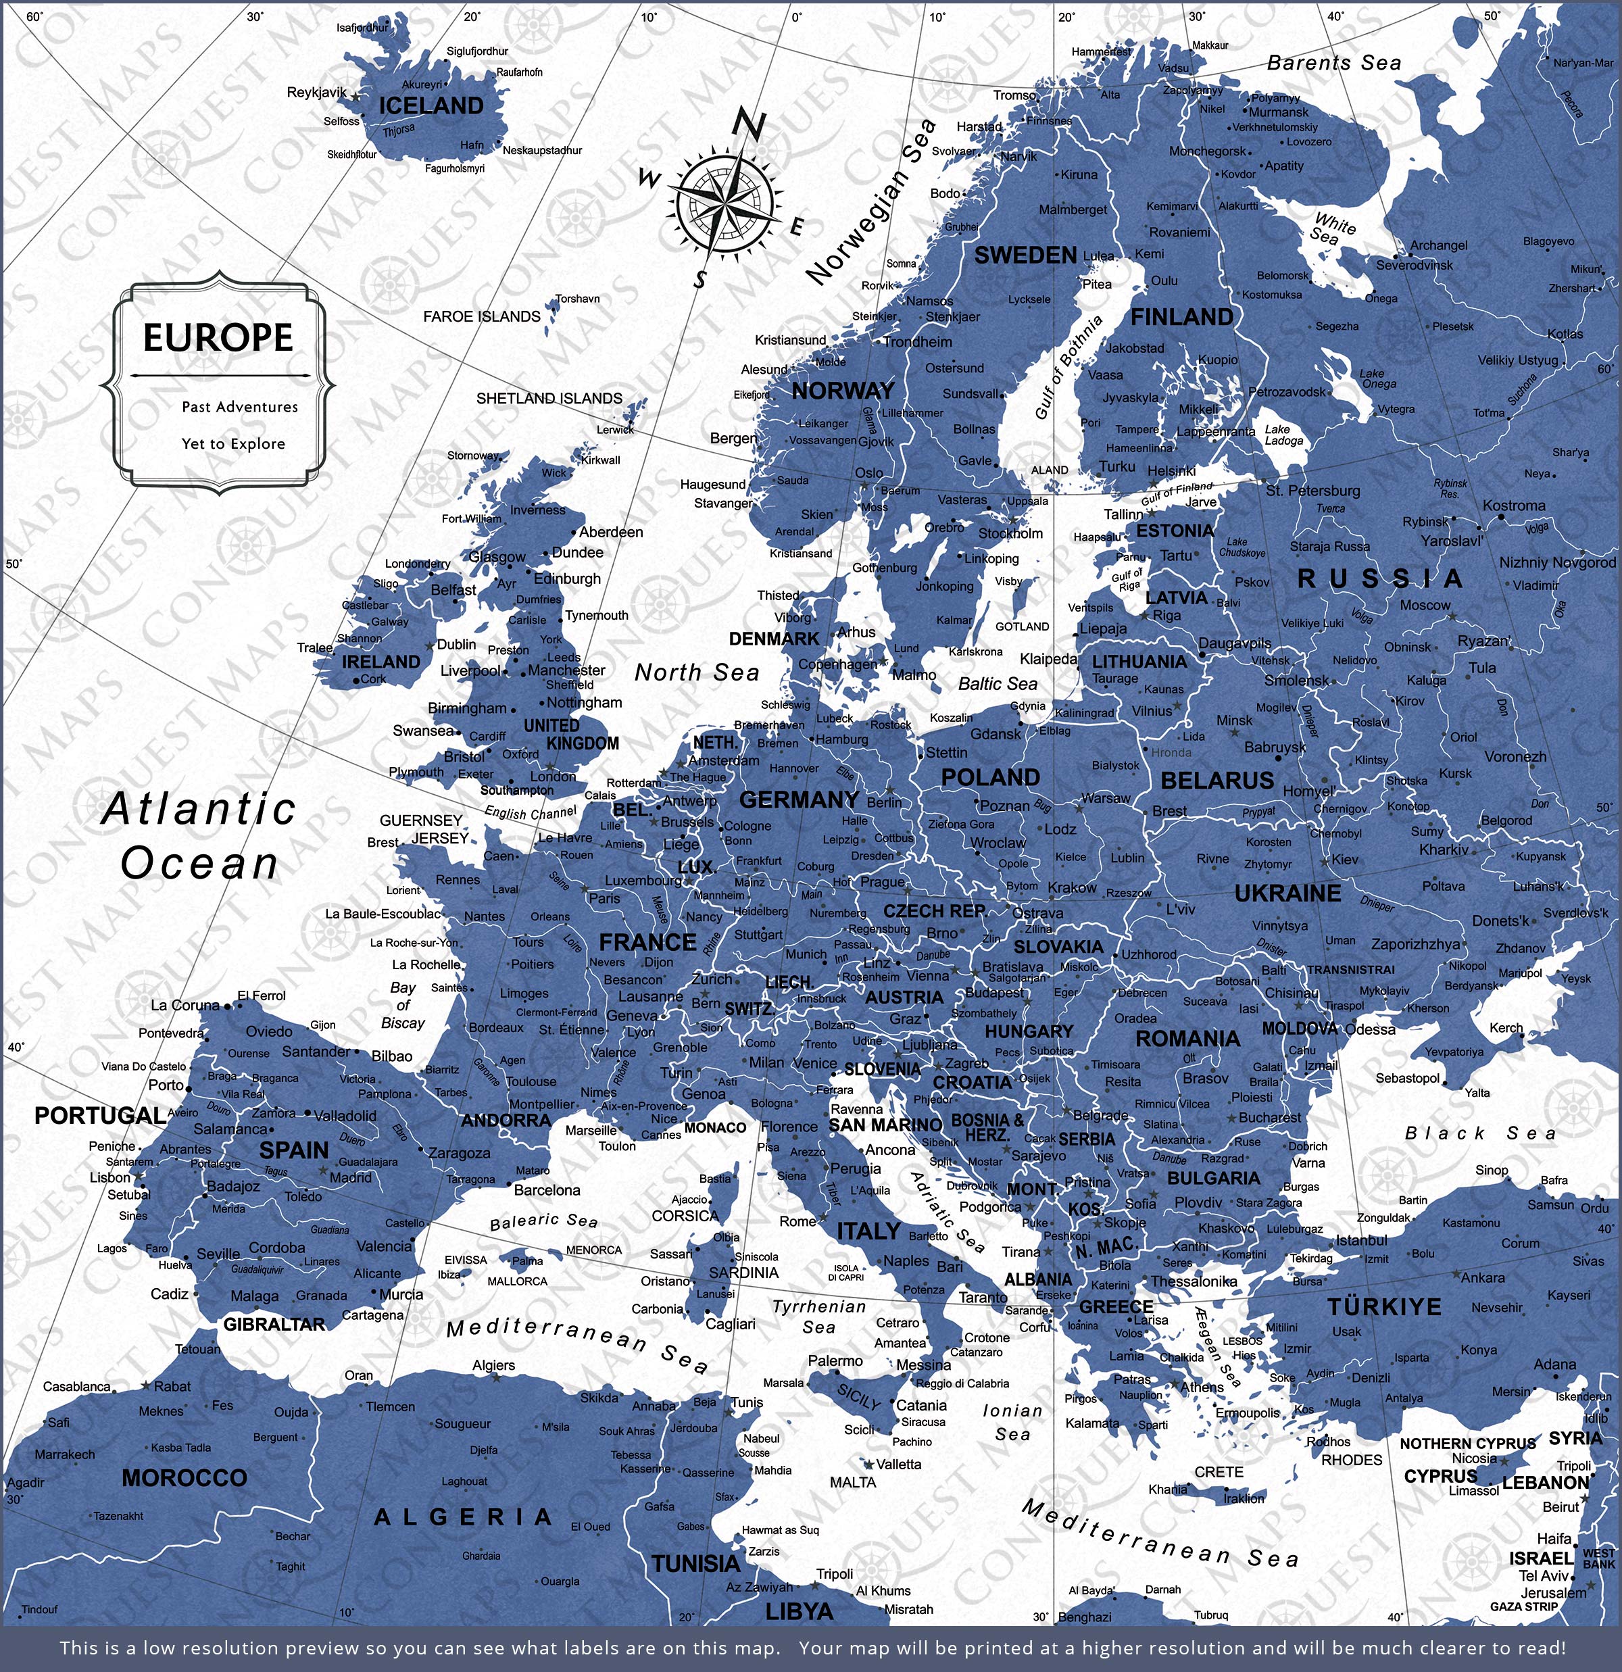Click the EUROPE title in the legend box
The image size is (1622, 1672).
click(x=218, y=338)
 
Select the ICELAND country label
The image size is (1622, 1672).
click(x=431, y=107)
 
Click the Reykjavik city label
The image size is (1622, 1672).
click(x=316, y=92)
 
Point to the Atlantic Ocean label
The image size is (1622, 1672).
click(x=199, y=836)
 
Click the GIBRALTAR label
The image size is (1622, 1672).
click(x=274, y=1325)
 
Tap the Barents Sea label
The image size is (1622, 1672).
click(x=1333, y=63)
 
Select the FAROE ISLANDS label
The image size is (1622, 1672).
click(x=481, y=316)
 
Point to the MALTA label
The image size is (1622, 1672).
click(x=852, y=1483)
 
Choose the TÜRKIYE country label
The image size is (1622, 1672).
click(x=1384, y=1307)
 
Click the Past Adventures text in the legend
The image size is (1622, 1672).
click(x=240, y=407)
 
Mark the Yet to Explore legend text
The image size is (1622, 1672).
click(x=233, y=443)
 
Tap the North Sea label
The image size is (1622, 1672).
click(x=696, y=673)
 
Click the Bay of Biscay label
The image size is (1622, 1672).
click(x=403, y=1005)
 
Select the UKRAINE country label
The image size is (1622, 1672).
click(x=1287, y=894)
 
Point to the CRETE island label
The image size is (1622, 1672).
click(x=1219, y=1473)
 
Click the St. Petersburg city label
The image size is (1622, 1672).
click(x=1312, y=491)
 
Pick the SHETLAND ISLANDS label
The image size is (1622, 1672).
click(x=549, y=398)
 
